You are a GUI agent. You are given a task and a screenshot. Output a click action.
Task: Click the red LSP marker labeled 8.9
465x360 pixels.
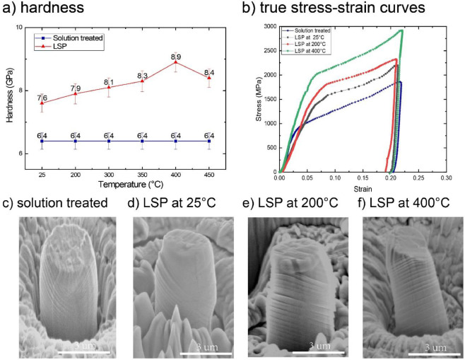(x=175, y=62)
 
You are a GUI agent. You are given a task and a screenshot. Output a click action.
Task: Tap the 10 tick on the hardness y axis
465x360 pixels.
(x=20, y=28)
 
